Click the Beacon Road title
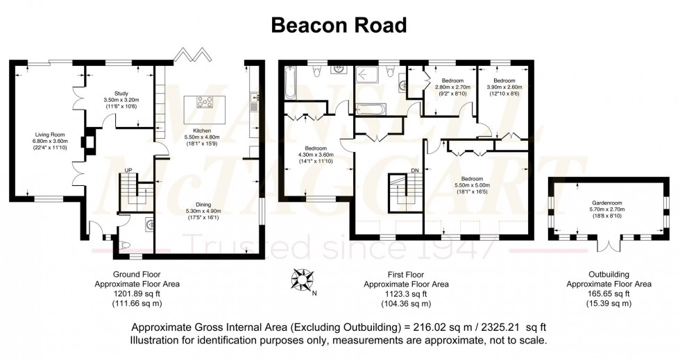click(x=339, y=25)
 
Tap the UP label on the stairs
click(x=128, y=170)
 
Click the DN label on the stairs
click(x=414, y=170)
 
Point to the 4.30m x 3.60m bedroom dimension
click(x=316, y=155)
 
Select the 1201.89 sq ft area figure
click(x=126, y=294)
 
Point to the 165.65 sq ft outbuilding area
click(x=609, y=294)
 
